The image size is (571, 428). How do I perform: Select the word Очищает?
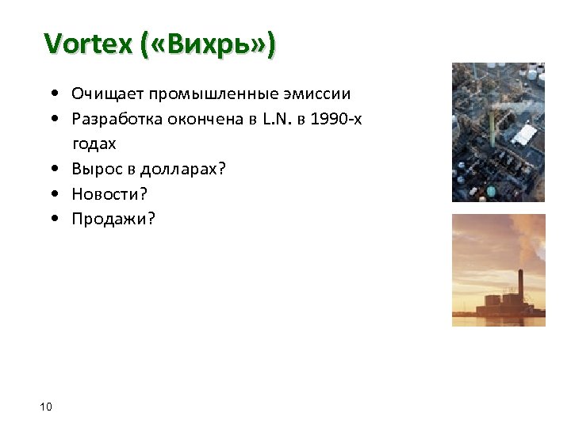tap(103, 95)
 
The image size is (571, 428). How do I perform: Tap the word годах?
tap(94, 144)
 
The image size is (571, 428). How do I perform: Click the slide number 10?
tap(45, 407)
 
